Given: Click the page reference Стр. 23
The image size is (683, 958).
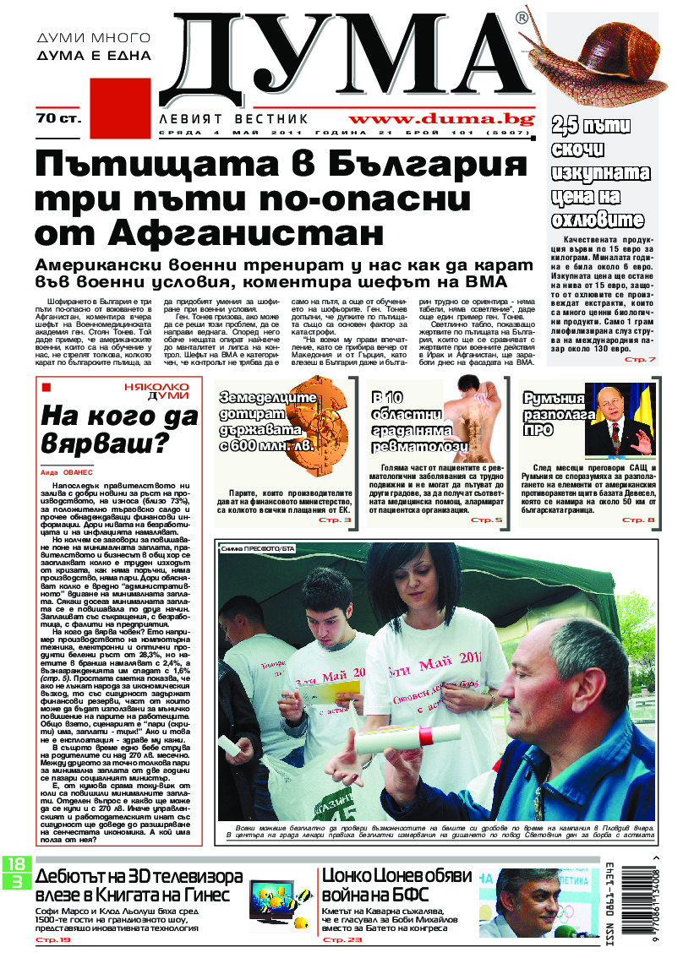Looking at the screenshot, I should tap(343, 939).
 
